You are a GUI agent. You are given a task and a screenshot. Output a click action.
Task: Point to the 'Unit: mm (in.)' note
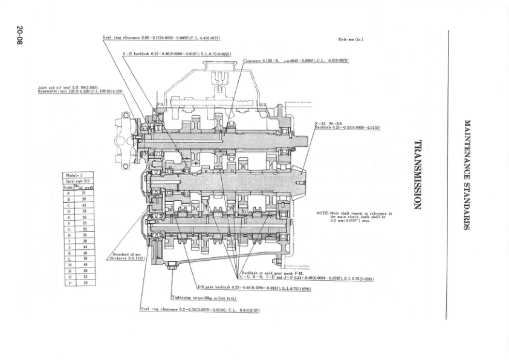pos(351,39)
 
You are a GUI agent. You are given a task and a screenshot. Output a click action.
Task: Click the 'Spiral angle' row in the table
pos(77,181)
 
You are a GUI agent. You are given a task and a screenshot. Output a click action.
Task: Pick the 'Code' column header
pos(68,188)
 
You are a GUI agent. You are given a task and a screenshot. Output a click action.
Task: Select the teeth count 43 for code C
pos(86,205)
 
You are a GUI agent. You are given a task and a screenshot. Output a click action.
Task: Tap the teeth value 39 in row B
pos(86,198)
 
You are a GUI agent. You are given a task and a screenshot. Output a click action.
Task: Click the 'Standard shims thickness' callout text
pos(125,256)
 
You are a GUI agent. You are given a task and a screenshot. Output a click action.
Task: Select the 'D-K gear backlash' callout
pos(254,288)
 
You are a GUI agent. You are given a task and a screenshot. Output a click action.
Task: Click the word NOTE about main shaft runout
pos(322,213)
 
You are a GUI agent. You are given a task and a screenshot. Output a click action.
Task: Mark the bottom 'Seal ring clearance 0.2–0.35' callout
pos(199,309)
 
